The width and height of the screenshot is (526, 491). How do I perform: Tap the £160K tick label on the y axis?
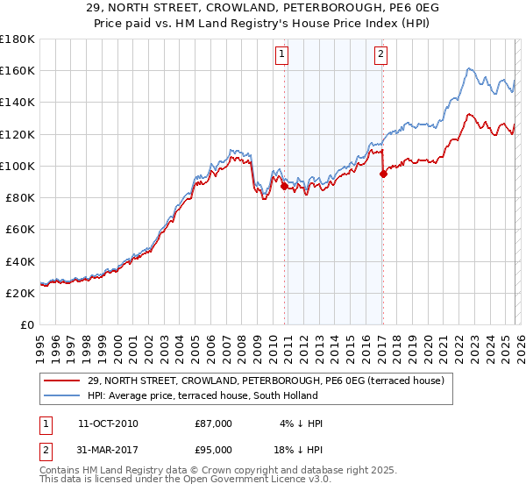[18, 70]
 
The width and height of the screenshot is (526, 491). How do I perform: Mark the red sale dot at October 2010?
[284, 187]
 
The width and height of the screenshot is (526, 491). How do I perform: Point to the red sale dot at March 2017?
[383, 174]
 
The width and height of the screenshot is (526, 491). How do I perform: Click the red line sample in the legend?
[62, 381]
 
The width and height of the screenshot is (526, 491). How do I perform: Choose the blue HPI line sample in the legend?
[62, 395]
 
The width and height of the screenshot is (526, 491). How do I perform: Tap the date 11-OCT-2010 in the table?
[108, 423]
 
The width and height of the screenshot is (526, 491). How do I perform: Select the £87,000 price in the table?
[213, 423]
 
